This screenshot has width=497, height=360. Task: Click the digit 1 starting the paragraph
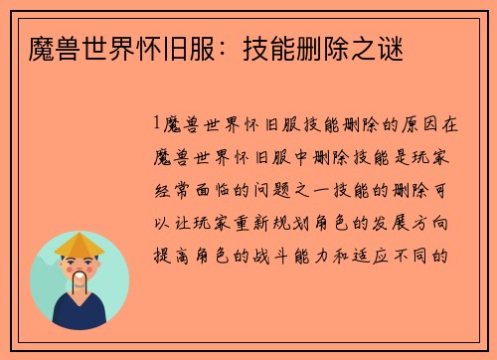click(x=156, y=124)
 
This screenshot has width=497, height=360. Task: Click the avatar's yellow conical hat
click(x=80, y=244)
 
